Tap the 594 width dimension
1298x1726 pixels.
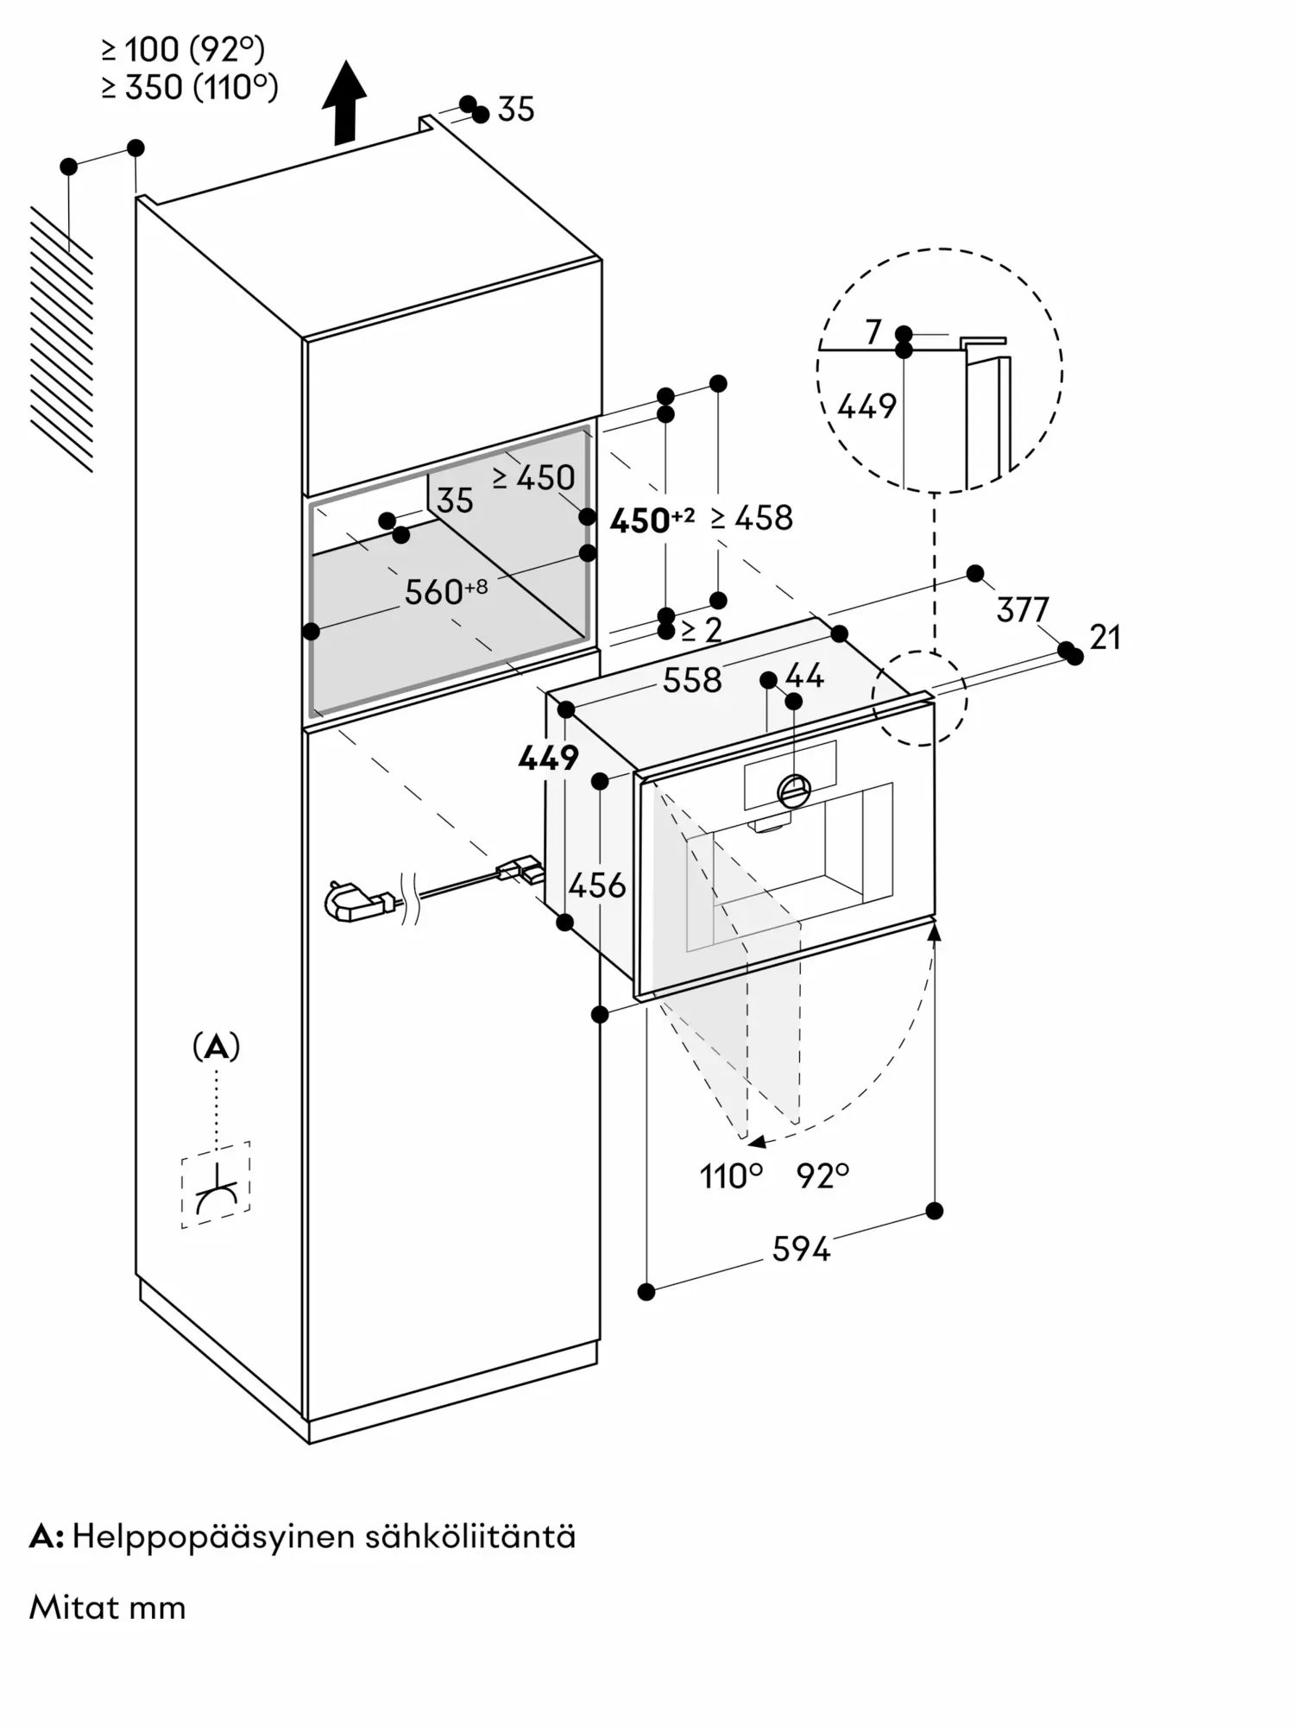(x=801, y=1249)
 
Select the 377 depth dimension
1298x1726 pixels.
(x=1022, y=610)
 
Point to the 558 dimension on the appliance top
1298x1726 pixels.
(x=691, y=680)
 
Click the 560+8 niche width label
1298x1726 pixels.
(x=446, y=591)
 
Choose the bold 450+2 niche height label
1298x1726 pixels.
(x=652, y=520)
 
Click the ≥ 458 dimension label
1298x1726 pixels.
(x=752, y=518)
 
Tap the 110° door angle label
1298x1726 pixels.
(x=731, y=1175)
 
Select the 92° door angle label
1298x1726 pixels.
(x=822, y=1175)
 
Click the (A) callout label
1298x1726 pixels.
(x=216, y=1047)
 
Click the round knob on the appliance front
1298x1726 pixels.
(x=794, y=789)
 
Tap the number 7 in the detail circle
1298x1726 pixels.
(x=873, y=331)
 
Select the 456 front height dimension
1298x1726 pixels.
(x=597, y=885)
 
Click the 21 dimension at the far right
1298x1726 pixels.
(x=1105, y=638)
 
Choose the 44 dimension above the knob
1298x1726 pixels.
(x=804, y=675)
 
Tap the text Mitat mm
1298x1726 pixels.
(x=108, y=1607)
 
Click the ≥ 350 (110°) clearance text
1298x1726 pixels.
(x=190, y=87)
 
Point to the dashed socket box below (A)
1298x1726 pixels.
(x=216, y=1184)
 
